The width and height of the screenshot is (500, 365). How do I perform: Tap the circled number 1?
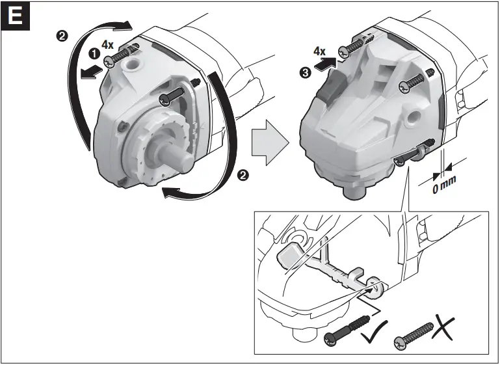coord(93,57)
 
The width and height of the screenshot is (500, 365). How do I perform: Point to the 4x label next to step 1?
coord(109,46)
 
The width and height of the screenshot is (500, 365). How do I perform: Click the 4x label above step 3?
coord(319,50)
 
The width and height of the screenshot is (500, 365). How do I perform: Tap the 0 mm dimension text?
coord(446,185)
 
